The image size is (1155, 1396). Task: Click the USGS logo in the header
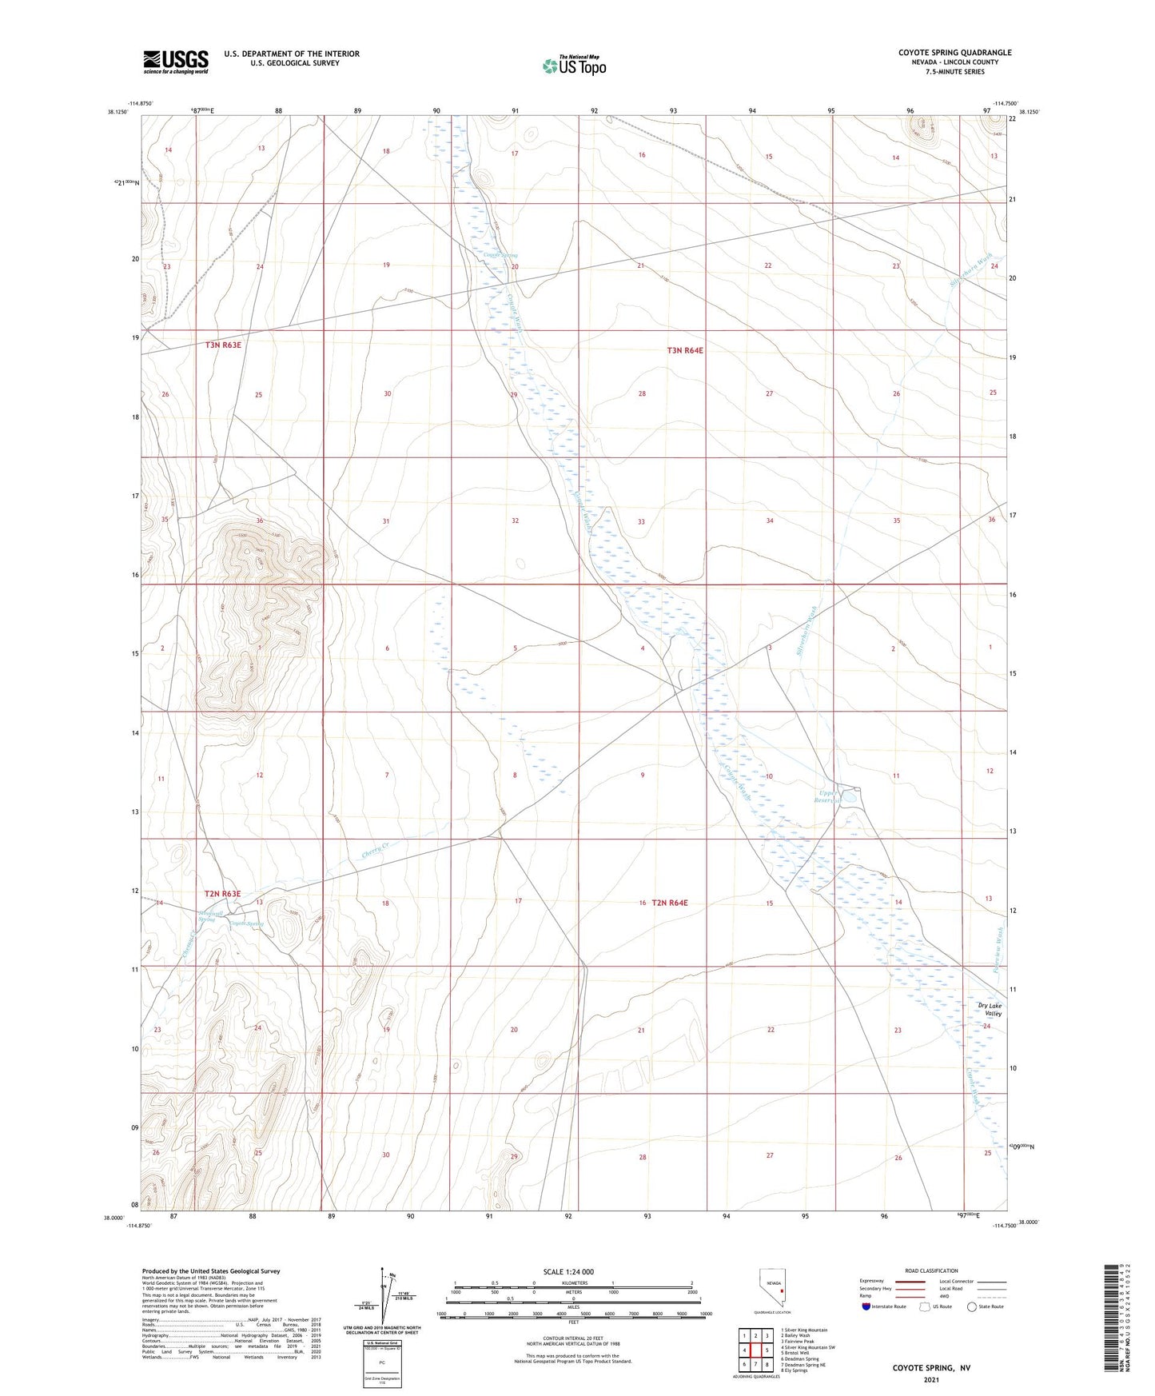coord(176,62)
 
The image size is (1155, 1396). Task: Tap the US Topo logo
coord(574,66)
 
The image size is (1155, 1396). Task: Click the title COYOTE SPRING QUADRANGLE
coord(954,53)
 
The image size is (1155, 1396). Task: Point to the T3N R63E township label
coord(223,345)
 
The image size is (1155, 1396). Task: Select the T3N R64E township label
coord(685,350)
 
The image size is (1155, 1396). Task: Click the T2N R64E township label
coord(669,903)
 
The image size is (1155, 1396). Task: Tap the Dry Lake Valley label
coord(990,1010)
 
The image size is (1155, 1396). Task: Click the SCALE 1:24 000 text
coord(568,1272)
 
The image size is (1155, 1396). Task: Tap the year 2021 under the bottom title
coord(930,1379)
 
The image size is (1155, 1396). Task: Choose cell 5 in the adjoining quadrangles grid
coord(767,1350)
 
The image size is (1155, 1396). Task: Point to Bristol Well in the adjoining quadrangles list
coord(797,1353)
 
